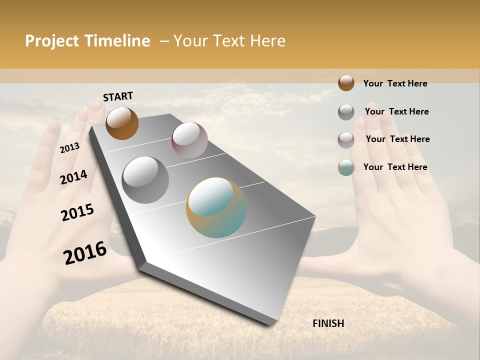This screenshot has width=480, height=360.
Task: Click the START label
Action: point(118,96)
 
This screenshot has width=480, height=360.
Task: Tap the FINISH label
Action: point(328,323)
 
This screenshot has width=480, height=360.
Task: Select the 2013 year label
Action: point(69,147)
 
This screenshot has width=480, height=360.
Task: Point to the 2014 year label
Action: point(73,177)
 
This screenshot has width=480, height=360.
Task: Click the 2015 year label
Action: point(77,212)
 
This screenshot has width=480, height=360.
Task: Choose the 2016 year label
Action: point(85,252)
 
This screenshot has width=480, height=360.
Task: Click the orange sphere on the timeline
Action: point(122,123)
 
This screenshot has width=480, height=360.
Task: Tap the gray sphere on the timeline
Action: point(145,179)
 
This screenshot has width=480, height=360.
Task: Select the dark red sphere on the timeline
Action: point(189,140)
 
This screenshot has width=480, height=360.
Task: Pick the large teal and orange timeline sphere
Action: point(216,207)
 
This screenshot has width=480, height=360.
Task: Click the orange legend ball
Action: point(346,83)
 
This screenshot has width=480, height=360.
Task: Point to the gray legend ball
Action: point(346,112)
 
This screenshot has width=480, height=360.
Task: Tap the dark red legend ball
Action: point(346,140)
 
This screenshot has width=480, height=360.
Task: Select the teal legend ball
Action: point(346,167)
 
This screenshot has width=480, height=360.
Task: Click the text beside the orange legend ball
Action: point(395,83)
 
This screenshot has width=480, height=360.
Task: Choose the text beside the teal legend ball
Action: point(395,167)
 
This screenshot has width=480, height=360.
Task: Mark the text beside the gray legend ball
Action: point(396,111)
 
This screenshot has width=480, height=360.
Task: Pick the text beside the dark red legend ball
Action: point(397,139)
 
